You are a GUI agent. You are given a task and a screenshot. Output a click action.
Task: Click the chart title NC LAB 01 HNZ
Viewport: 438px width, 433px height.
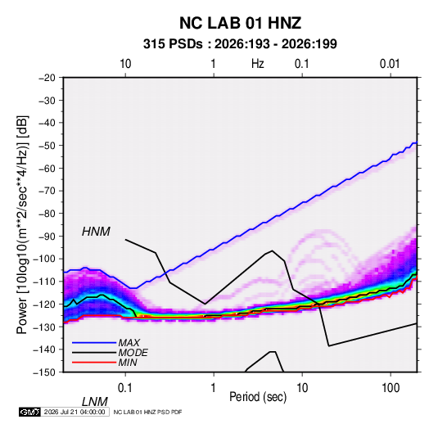coord(240,23)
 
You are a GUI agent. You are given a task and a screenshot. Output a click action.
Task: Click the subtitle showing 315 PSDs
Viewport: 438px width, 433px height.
coord(240,44)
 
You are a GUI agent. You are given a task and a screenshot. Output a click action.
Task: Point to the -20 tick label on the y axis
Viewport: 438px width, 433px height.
coord(47,78)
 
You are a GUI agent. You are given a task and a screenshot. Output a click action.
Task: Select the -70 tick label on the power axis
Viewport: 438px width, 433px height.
coord(47,191)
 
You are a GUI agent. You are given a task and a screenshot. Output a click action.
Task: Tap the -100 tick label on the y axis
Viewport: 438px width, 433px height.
coord(44,259)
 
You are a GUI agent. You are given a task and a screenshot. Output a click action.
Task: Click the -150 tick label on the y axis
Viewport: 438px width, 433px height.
coord(44,372)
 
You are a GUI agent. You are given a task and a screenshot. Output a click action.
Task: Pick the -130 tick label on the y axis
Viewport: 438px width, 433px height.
coord(44,327)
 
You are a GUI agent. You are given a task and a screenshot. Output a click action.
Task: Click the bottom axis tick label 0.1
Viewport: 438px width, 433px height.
coord(125,388)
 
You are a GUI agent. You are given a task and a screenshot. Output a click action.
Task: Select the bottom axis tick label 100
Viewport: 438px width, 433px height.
coord(391,388)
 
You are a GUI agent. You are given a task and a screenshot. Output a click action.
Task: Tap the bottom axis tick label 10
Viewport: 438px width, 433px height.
coord(302,388)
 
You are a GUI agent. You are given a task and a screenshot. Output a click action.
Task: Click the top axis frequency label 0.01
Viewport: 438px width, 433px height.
coord(390,64)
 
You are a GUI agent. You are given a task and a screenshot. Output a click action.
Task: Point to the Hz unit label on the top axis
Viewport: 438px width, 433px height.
coord(258,64)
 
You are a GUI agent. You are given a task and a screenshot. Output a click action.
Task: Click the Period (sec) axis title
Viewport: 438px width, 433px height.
coord(258,397)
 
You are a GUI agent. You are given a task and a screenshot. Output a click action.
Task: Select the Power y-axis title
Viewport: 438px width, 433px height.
coord(22,224)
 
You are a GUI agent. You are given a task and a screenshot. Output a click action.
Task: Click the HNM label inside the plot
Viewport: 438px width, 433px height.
coord(96,232)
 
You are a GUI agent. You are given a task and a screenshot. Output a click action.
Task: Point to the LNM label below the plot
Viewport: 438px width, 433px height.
coord(95,402)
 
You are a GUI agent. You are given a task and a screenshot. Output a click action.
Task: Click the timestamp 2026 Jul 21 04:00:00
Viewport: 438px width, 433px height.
coord(75,412)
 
